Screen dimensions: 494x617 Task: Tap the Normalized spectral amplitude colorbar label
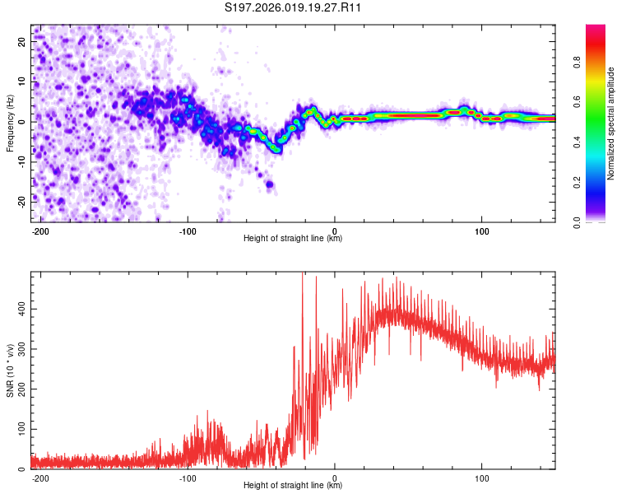click(611, 123)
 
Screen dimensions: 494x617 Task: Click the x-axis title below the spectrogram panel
click(294, 239)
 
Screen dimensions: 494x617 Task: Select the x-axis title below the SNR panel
click(294, 486)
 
